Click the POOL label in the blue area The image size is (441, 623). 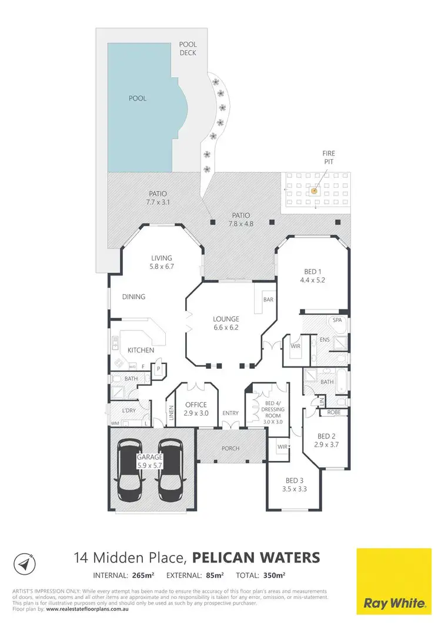138,99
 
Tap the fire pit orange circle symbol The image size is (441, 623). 314,190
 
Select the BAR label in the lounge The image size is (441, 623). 269,299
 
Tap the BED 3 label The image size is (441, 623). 292,479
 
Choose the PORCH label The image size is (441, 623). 230,449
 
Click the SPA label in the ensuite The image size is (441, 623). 337,321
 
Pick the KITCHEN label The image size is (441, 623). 141,351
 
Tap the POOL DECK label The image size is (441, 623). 189,49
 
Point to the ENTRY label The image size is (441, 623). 230,413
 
